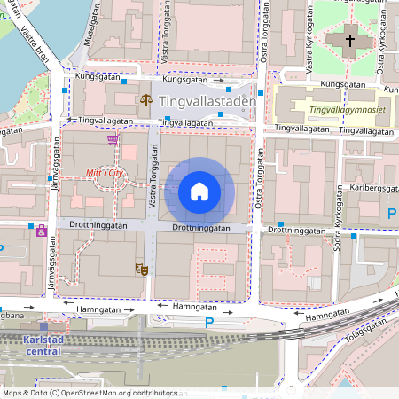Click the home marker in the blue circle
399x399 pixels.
[199, 192]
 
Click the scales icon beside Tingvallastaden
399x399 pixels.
[145, 101]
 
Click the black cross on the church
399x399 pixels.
[348, 41]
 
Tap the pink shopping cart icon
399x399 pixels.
[112, 138]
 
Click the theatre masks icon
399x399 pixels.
[140, 267]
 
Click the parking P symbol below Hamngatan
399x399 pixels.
[209, 323]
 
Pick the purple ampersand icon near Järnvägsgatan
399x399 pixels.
[41, 231]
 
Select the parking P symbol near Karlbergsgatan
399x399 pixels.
[391, 213]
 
